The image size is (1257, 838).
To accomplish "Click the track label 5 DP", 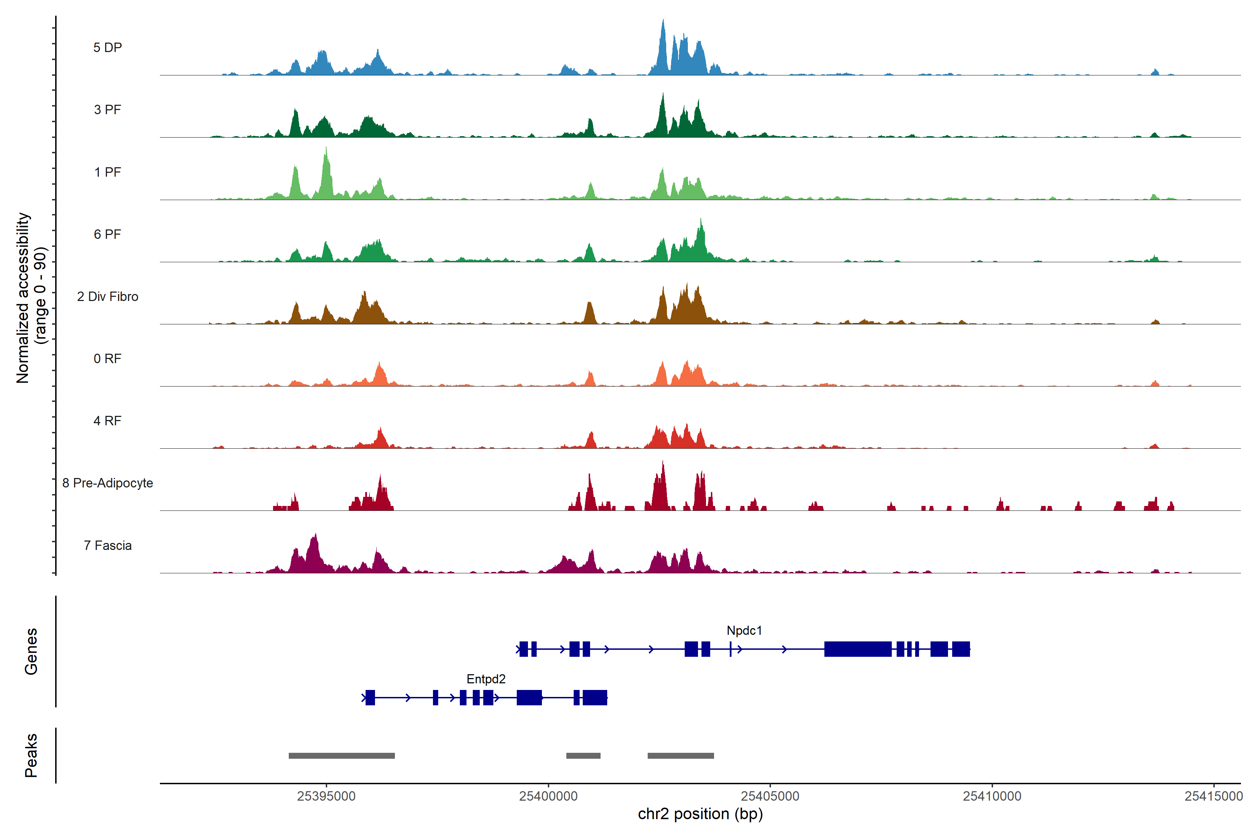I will [x=108, y=47].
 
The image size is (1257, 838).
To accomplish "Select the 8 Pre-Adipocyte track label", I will [x=108, y=483].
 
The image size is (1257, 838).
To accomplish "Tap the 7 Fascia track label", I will [x=108, y=546].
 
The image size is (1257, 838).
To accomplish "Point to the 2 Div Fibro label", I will [x=108, y=296].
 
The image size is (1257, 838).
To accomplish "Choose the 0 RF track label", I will [x=108, y=359].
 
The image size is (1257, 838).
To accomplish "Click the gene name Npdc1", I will [x=744, y=631].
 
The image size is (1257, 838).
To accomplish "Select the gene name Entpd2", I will [x=486, y=679].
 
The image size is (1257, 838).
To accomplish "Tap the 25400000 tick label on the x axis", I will [x=548, y=796].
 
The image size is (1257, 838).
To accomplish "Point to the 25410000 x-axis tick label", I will [x=992, y=796].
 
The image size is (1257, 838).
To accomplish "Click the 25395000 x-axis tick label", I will [x=326, y=796].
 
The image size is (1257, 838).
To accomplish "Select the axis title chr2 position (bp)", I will [x=700, y=814].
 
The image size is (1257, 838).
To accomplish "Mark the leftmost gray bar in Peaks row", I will [x=341, y=756].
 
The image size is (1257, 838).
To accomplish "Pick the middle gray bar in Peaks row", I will [x=583, y=756].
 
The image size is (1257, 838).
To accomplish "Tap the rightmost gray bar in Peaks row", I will [x=680, y=756].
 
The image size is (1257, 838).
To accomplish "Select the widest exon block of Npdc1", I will [x=858, y=649].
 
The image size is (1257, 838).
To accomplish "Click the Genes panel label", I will [x=31, y=652].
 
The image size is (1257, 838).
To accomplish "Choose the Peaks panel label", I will [x=31, y=755].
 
